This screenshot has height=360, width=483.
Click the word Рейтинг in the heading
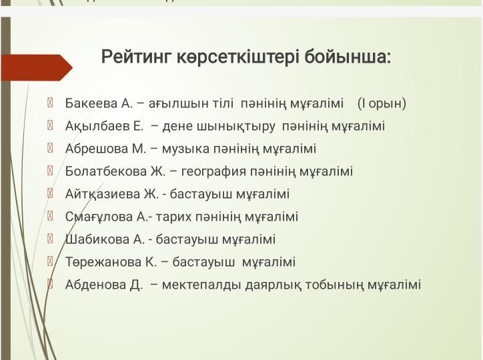point(135,57)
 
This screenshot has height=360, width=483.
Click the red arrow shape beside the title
point(37,67)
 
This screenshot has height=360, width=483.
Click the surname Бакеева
point(91,103)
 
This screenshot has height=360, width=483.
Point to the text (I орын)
point(382,103)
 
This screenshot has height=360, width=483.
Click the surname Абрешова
point(96,149)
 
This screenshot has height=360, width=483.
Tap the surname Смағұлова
point(99,217)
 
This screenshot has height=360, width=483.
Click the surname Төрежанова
point(102,262)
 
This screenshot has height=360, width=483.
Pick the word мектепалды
point(201,285)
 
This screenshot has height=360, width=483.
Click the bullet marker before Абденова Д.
point(50,284)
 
